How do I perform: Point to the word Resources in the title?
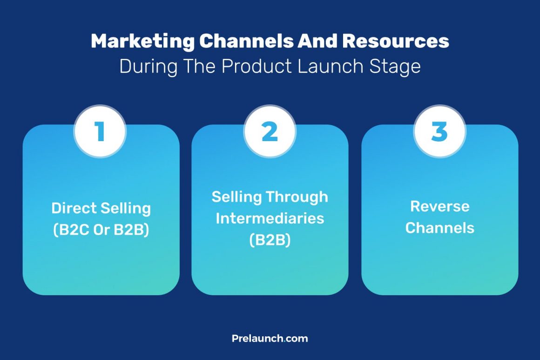pos(396,41)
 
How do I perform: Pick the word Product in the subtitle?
pos(257,66)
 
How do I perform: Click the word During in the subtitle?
pos(148,66)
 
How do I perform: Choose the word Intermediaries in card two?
pos(270,218)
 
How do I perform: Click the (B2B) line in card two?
pos(270,240)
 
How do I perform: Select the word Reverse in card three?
pos(440,206)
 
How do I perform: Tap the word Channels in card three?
pos(440,228)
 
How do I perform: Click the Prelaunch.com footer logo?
pos(270,339)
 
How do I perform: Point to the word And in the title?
pos(316,41)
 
